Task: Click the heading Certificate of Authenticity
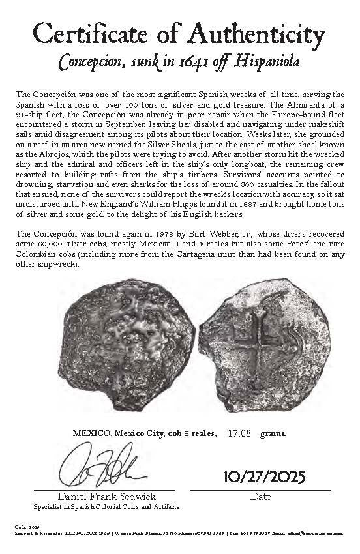pyautogui.click(x=179, y=33)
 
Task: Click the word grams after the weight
pyautogui.click(x=273, y=433)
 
